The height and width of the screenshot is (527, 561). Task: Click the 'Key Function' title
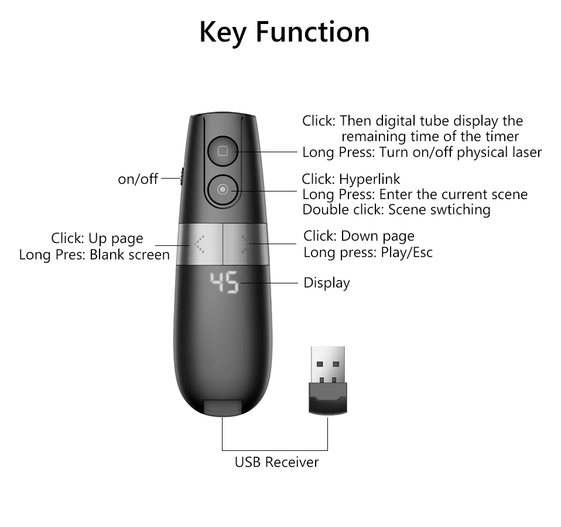[284, 32]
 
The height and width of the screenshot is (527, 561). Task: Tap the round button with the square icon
[222, 151]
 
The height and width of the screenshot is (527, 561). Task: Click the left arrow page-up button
[199, 244]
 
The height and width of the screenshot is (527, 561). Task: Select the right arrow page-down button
[246, 244]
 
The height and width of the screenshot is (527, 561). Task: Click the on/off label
[138, 179]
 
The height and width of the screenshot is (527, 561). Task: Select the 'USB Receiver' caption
[276, 462]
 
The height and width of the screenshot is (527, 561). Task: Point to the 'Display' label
[326, 283]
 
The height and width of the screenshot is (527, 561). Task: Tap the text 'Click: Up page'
[97, 238]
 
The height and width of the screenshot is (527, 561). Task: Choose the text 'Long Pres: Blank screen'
[94, 255]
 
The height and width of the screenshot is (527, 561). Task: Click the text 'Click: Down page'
[358, 236]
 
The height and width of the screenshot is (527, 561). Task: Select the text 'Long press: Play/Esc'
[368, 253]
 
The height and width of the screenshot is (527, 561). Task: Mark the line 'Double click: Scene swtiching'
[396, 209]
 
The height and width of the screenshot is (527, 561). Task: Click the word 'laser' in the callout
[525, 152]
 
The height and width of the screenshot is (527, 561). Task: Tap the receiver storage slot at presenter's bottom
[223, 407]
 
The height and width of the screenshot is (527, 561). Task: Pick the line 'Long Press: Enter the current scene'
[415, 194]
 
